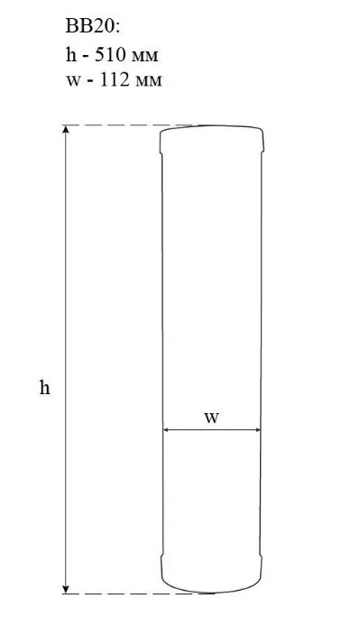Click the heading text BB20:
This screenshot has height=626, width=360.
pos(92,27)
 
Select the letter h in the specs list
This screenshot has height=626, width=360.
pos(70,55)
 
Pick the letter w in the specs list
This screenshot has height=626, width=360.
pos(72,81)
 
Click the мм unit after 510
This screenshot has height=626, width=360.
pos(143,57)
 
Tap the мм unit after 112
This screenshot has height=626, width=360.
pos(148,82)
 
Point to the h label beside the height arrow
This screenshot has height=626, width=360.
pos(45,387)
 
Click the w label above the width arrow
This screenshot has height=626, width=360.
pos(212,418)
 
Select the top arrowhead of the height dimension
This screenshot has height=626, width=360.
pos(66,129)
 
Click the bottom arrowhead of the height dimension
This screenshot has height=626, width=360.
pos(66,589)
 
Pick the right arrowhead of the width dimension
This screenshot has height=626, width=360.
pos(256,430)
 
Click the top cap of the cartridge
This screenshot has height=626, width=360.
pos(212,139)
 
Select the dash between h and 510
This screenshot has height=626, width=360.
pos(85,57)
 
